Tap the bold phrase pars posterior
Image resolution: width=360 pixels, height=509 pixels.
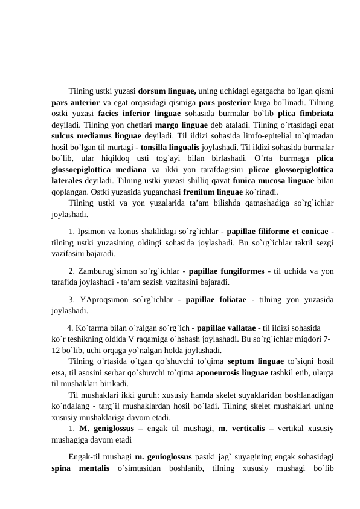(x=227, y=102)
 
